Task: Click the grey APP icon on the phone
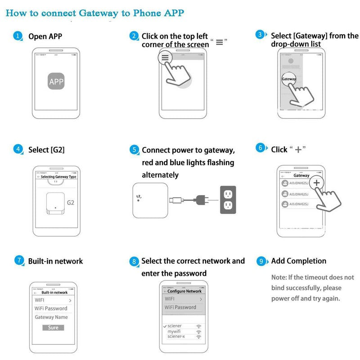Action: coord(56,81)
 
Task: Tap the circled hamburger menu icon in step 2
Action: coord(165,58)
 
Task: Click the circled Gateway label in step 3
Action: coord(288,79)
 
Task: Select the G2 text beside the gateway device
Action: coord(70,202)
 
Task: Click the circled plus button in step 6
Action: coord(317,183)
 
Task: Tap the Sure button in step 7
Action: coord(53,328)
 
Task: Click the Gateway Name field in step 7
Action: coord(51,317)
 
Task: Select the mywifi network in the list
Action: coord(174,331)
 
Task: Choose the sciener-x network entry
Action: coord(176,337)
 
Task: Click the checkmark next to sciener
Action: coord(165,325)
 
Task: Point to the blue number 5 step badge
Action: coord(134,149)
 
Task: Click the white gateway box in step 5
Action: coord(150,200)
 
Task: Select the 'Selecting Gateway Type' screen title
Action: coord(59,177)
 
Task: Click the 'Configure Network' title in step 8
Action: coord(184,291)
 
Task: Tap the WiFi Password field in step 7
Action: coord(51,308)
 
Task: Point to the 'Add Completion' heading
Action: coord(299,261)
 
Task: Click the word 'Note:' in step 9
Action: coord(279,277)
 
